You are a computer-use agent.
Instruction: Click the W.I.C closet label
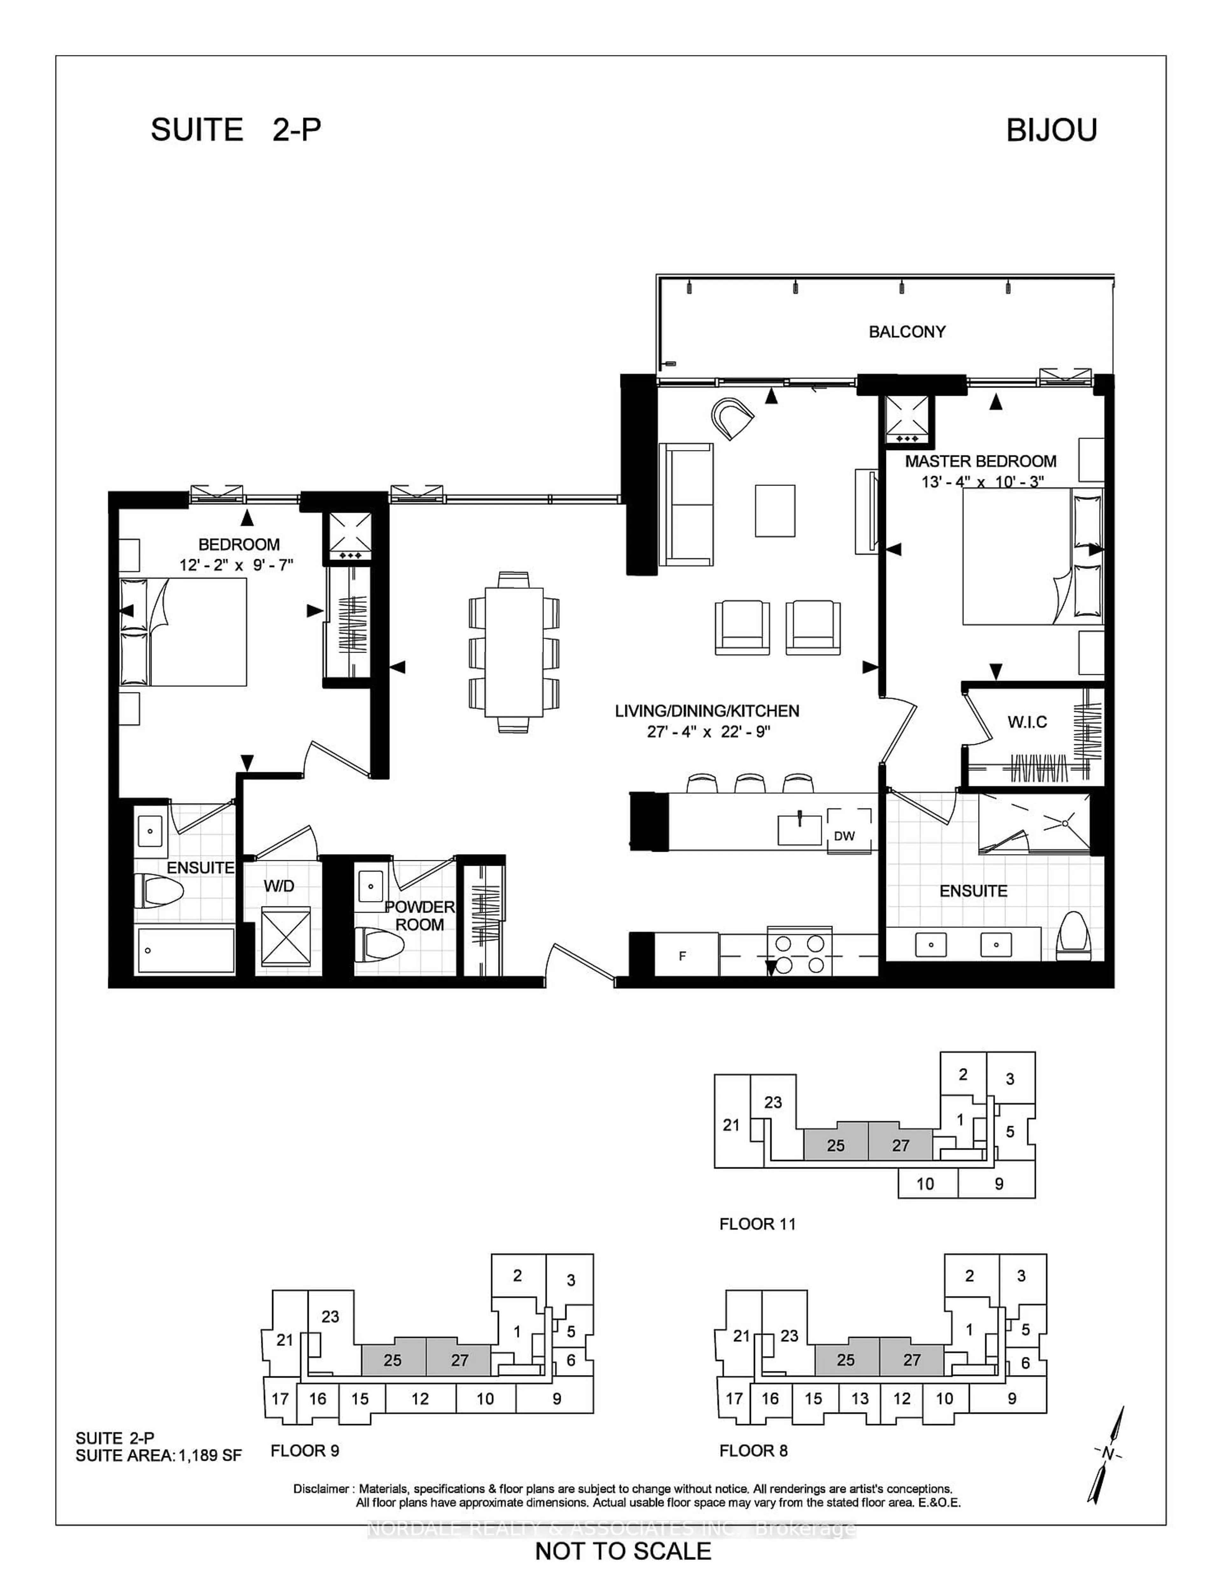click(x=1027, y=722)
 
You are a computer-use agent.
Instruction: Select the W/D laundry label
click(x=279, y=885)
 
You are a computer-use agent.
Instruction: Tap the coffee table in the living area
click(x=775, y=511)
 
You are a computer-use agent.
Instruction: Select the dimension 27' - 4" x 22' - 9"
click(x=707, y=732)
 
